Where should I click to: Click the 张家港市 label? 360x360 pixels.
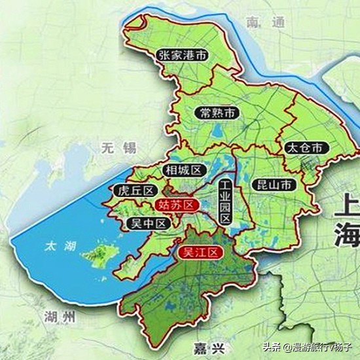[183, 56]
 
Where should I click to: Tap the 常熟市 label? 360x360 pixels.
[218, 113]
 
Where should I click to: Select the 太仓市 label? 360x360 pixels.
[304, 147]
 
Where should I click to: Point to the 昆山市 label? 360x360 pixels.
[273, 185]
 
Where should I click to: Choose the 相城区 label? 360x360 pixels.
[183, 170]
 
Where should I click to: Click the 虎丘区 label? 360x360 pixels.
[134, 190]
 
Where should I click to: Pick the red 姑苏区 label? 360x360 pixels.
[177, 205]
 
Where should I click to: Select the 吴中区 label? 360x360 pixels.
[147, 223]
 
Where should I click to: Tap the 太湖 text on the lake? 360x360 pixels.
[60, 247]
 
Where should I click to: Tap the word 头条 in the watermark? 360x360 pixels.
[272, 346]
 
